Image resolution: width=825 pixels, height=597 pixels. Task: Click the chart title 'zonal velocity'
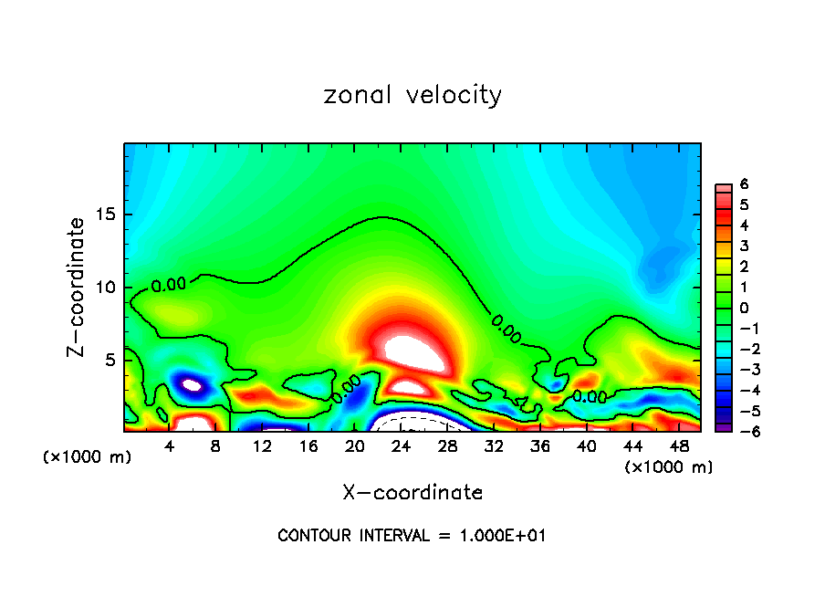(412, 95)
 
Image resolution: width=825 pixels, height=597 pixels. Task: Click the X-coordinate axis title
(412, 493)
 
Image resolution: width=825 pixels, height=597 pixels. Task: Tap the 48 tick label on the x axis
(678, 445)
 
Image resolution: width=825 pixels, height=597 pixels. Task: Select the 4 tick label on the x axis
(170, 445)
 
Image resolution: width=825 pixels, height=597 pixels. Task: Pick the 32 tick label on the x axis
(494, 445)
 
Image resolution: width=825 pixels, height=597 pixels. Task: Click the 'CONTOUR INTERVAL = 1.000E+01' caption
(412, 536)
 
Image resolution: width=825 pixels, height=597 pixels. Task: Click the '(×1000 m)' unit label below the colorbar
(668, 467)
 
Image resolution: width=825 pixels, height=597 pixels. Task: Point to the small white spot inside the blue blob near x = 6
(192, 385)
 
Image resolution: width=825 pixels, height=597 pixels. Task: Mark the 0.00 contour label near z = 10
(169, 285)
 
